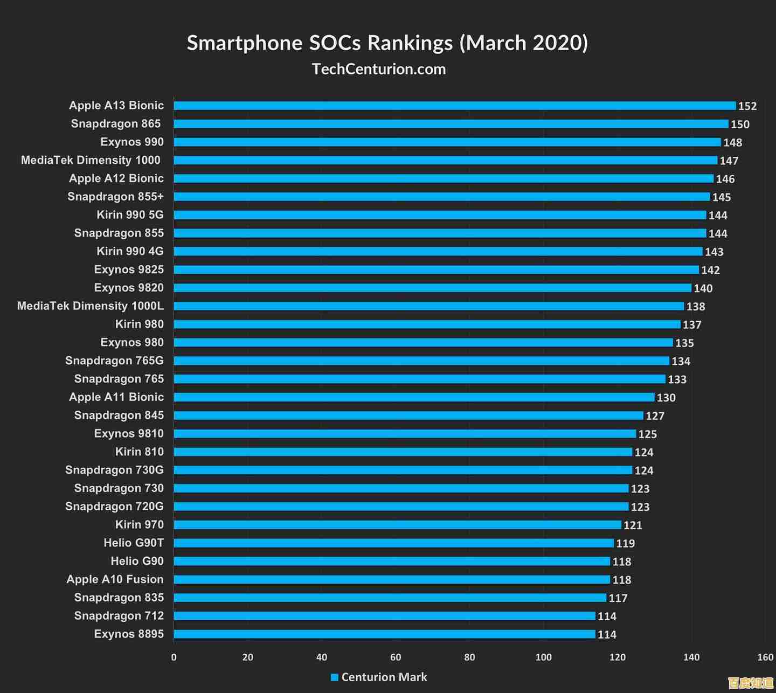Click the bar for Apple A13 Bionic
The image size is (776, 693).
[x=454, y=106]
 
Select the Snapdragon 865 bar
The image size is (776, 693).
[x=451, y=124]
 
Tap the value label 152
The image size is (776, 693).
[x=747, y=106]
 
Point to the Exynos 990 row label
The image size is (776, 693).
[x=132, y=142]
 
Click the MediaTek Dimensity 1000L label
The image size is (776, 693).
[x=91, y=306]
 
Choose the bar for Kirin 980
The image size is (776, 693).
[x=427, y=324]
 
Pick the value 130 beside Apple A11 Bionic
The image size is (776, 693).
[x=666, y=398]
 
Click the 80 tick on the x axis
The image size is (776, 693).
[x=469, y=657]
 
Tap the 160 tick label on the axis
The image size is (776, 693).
[x=765, y=657]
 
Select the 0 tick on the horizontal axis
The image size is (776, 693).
[x=174, y=657]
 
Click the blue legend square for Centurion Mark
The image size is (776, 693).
[x=335, y=677]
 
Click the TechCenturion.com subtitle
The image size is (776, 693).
[x=379, y=69]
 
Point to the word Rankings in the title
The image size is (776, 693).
[x=410, y=43]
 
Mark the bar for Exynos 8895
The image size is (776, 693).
[x=384, y=634]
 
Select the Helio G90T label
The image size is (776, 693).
[x=134, y=543]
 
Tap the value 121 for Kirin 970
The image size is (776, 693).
[x=633, y=525]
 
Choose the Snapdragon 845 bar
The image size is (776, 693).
[x=408, y=415]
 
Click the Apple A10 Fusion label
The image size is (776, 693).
[x=115, y=579]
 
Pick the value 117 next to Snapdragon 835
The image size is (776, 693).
[x=618, y=598]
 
